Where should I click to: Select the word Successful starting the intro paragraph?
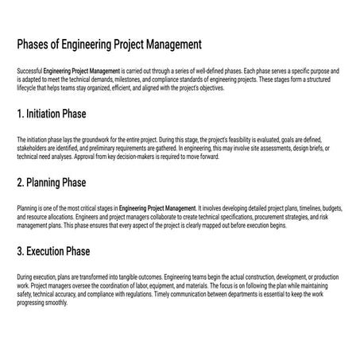(x=28, y=71)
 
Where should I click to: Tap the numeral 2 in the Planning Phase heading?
(x=20, y=183)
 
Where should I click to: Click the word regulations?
(x=174, y=295)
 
